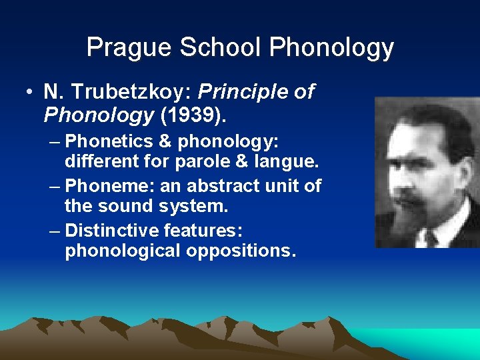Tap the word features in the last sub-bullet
click(202, 231)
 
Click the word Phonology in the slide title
click(331, 48)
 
